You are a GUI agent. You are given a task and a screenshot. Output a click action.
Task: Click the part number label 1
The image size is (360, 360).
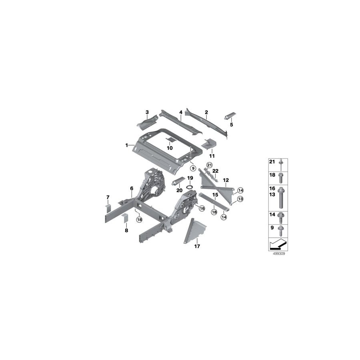click(127, 145)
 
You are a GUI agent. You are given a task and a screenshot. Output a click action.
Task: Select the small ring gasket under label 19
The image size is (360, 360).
click(190, 186)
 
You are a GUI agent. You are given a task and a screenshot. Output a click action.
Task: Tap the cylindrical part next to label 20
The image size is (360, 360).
click(177, 181)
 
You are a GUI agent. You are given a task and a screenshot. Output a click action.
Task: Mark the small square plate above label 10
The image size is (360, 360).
click(170, 139)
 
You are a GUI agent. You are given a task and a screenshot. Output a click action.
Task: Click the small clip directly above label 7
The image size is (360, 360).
click(108, 206)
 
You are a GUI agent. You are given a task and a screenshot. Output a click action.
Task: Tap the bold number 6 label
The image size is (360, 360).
click(131, 188)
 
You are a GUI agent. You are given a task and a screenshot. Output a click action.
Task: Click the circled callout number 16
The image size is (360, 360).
click(201, 208)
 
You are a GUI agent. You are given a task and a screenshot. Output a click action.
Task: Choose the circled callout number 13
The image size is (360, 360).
click(240, 199)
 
